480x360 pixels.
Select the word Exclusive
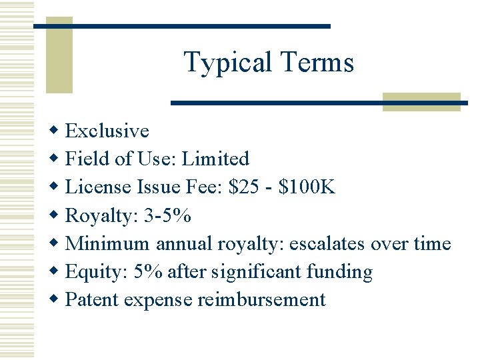pyautogui.click(x=107, y=131)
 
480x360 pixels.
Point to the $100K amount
pyautogui.click(x=307, y=187)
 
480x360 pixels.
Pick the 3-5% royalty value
pyautogui.click(x=167, y=215)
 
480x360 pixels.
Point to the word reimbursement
pyautogui.click(x=261, y=300)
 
